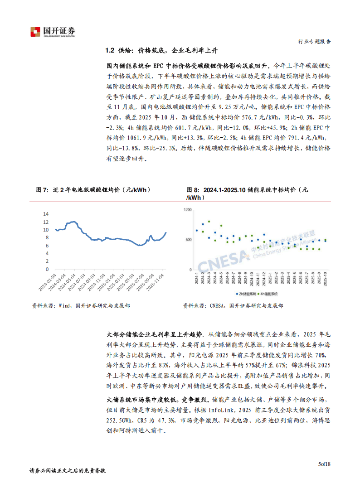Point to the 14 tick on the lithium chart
(x=46, y=213)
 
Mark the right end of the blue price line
(x=166, y=232)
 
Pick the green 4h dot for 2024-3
(x=209, y=222)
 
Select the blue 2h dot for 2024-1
(x=197, y=230)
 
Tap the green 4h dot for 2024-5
(x=221, y=226)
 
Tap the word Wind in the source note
(x=64, y=306)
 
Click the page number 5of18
(x=325, y=464)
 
